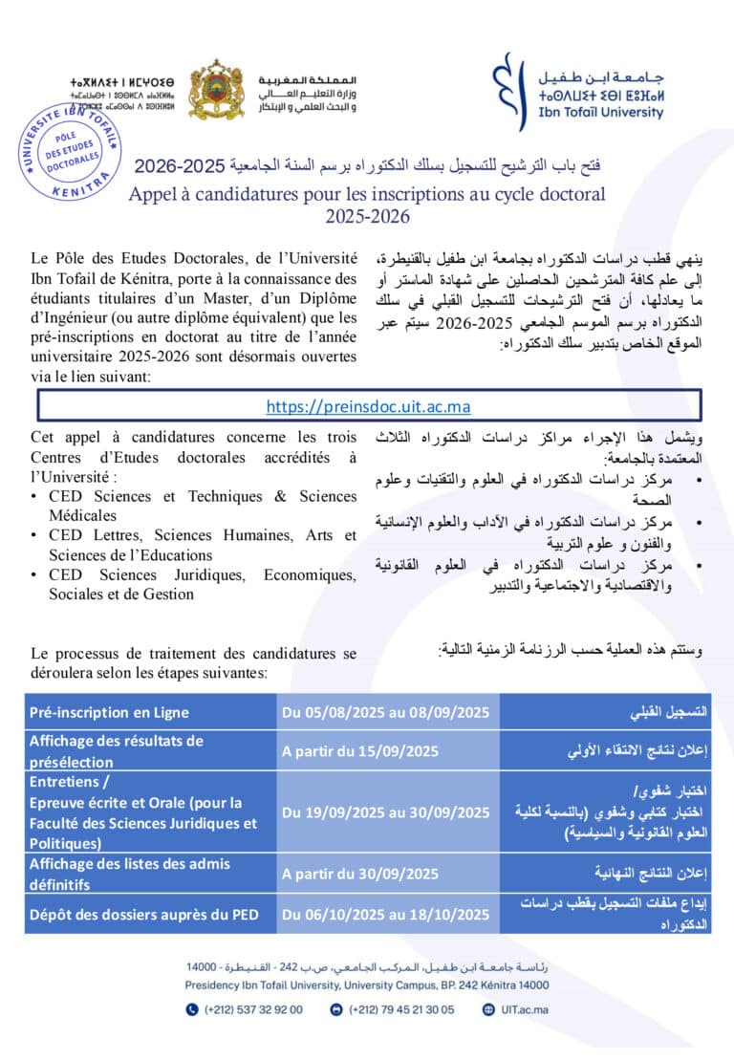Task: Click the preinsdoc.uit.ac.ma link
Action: click(x=368, y=406)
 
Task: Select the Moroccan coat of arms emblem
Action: click(x=216, y=90)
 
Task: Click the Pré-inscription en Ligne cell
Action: click(x=109, y=711)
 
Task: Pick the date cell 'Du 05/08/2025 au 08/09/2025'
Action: click(x=385, y=711)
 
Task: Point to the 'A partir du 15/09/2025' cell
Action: click(x=360, y=750)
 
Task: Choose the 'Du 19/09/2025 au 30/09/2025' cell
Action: click(x=385, y=812)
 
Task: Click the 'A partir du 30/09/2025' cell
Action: click(x=360, y=873)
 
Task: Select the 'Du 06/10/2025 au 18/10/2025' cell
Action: click(x=385, y=915)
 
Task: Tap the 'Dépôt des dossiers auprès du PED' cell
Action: click(x=143, y=915)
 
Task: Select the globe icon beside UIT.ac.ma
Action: click(x=489, y=1008)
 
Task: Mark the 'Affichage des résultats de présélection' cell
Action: click(x=116, y=750)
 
